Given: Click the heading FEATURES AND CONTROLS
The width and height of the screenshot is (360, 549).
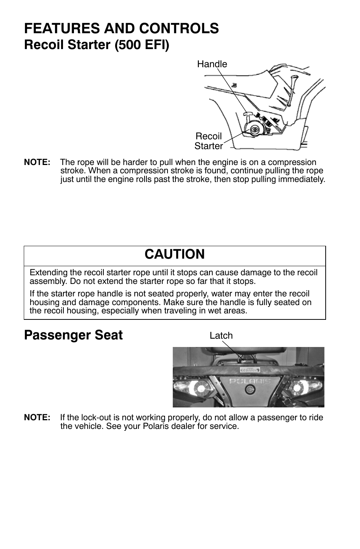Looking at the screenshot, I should (121, 29).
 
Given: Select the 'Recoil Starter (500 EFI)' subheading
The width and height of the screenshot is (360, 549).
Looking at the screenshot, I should (97, 45).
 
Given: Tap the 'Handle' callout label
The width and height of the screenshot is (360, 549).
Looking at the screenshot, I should (212, 64).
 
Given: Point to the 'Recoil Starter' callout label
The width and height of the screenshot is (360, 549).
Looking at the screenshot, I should (209, 141).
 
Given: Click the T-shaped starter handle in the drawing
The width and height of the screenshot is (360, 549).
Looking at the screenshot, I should (248, 113).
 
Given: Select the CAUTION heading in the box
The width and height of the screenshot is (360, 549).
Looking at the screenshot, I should (174, 254).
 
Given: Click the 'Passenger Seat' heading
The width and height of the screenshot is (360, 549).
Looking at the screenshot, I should (73, 335).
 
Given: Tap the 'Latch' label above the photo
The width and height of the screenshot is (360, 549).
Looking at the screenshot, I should (221, 336).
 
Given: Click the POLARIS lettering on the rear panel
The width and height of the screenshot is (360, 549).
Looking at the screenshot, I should (250, 381).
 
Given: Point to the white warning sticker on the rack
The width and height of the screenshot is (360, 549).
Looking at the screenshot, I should (248, 369).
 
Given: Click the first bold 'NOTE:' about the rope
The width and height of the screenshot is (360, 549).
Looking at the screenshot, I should (37, 162).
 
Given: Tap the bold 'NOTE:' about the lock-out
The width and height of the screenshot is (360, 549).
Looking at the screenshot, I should (37, 418).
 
